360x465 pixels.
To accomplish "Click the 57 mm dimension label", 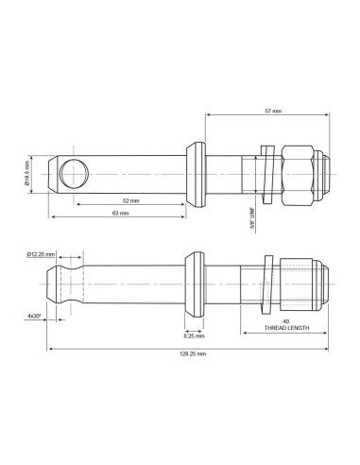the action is tap(273, 111).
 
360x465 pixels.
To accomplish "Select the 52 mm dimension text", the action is tap(130, 200).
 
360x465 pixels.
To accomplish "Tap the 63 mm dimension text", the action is tap(121, 213).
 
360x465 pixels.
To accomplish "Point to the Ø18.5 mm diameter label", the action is tap(26, 173).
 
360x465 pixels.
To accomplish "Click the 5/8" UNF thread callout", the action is tap(252, 218).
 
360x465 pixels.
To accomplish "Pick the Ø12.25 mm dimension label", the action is tap(41, 254).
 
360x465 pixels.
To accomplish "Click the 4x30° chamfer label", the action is tap(34, 316).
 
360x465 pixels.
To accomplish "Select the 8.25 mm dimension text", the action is tap(194, 336).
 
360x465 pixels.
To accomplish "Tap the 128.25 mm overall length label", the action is tap(193, 353).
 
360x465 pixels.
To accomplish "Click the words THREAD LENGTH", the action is tap(286, 328).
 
